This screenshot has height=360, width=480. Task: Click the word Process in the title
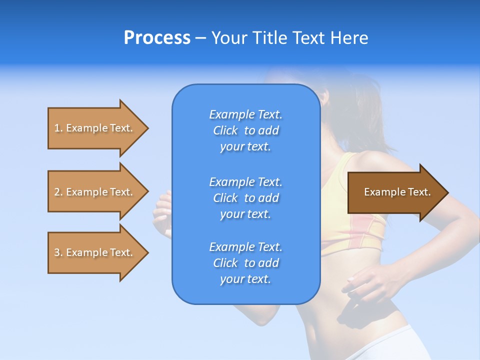click(157, 38)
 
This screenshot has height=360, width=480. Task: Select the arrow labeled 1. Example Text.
click(95, 128)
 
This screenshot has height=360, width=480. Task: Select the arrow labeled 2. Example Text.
click(95, 192)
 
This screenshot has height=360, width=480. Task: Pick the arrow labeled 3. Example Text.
click(95, 252)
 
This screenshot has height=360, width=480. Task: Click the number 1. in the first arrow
click(58, 128)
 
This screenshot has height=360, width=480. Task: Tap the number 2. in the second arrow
click(58, 192)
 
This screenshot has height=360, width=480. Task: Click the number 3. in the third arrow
click(58, 252)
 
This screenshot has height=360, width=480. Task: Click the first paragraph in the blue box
click(245, 130)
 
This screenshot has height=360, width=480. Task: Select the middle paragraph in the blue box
click(245, 198)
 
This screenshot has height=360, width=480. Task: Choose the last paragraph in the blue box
click(245, 263)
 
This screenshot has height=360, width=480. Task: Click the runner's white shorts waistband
click(390, 340)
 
